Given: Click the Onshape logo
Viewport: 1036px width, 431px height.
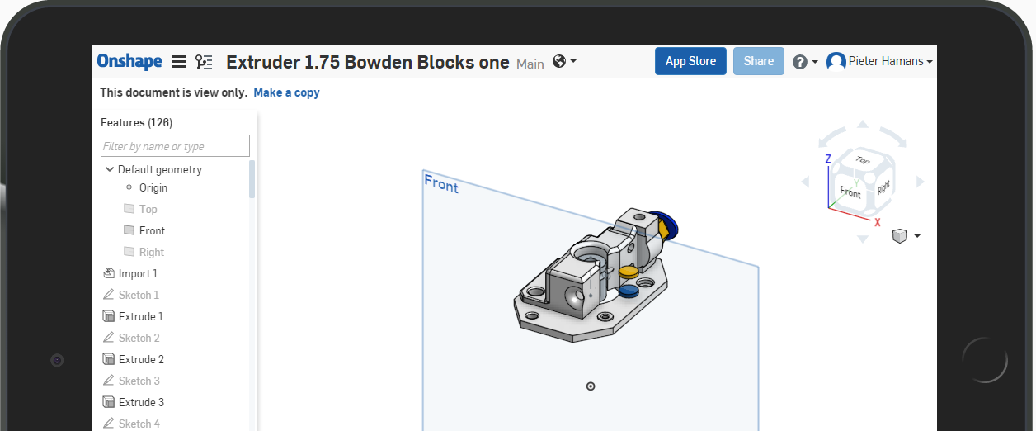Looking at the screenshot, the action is (129, 61).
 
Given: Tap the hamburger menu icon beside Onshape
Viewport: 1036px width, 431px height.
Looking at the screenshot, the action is (179, 62).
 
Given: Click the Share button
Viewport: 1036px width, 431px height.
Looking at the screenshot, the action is (759, 61).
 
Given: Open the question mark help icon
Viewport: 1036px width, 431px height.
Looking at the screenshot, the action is (799, 62).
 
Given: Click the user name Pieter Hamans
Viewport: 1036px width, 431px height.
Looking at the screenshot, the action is (886, 61).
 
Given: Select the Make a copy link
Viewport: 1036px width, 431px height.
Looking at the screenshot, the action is (287, 92).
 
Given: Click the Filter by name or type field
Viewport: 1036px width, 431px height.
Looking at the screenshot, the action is (176, 146).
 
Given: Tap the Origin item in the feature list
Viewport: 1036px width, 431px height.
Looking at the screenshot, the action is (153, 187).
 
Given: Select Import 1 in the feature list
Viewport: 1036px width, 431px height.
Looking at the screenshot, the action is (138, 273).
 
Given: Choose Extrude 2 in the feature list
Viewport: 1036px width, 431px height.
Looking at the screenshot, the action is (141, 359).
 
